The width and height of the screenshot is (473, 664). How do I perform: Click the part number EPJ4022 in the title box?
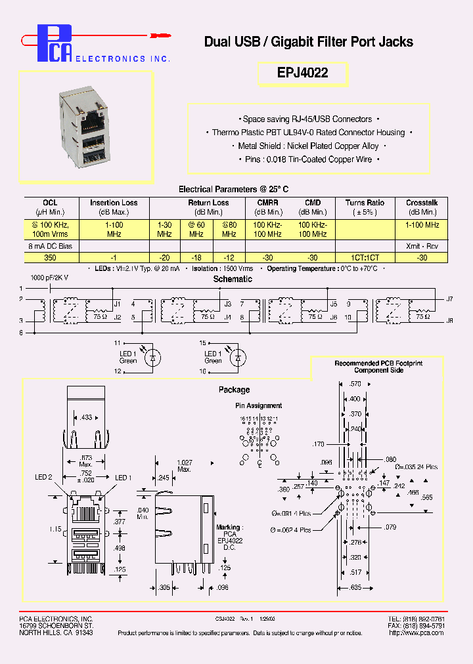click(302, 73)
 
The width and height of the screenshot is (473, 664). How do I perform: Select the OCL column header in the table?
click(51, 203)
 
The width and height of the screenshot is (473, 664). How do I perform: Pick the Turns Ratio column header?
click(365, 203)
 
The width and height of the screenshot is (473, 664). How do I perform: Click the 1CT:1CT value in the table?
click(365, 258)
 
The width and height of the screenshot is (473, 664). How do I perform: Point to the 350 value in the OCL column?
click(51, 258)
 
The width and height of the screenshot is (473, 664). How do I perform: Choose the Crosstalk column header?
click(422, 203)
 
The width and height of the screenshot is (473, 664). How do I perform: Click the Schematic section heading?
click(233, 280)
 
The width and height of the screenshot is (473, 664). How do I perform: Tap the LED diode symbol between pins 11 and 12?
click(154, 358)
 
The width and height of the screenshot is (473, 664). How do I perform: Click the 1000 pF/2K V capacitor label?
click(49, 278)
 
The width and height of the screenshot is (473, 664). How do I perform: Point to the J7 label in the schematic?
click(449, 299)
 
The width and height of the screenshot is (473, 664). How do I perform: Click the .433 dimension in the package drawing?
click(86, 417)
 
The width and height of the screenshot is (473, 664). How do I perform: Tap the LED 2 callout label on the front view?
click(43, 477)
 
